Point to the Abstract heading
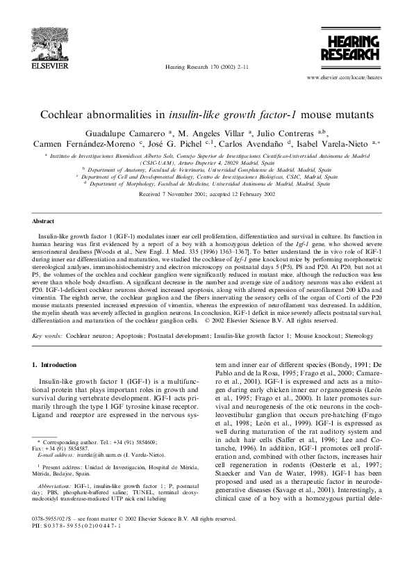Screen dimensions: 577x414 (x=43, y=220)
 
